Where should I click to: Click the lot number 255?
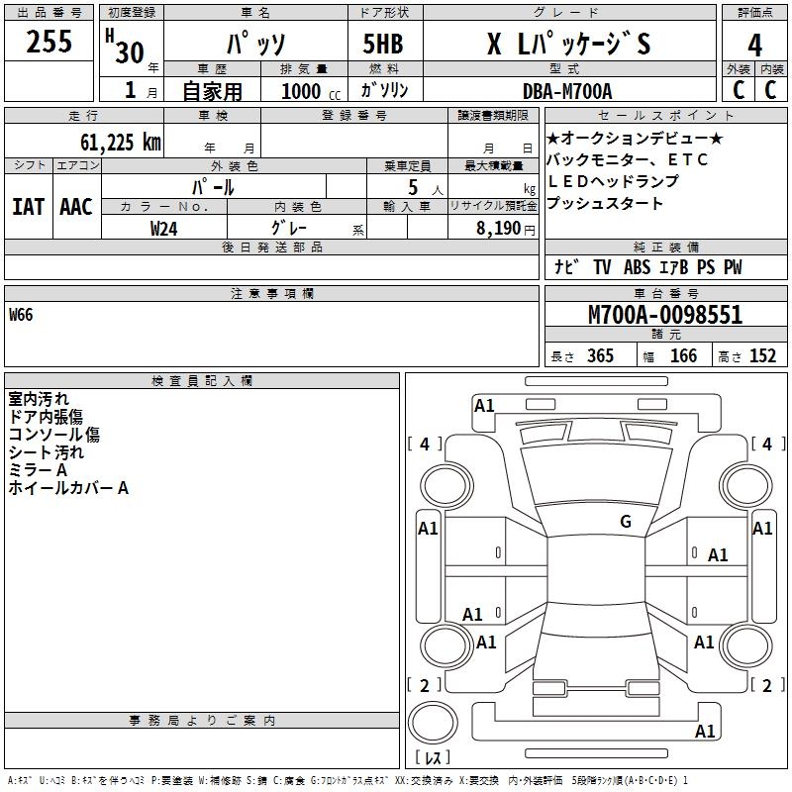(x=49, y=42)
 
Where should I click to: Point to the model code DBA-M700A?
(x=567, y=91)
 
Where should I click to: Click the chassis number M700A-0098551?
(x=664, y=315)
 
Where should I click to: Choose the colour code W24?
(x=164, y=229)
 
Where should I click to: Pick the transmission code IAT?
(x=28, y=207)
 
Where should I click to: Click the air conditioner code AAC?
(x=76, y=207)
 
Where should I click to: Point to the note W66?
(x=21, y=315)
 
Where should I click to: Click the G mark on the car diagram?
(x=626, y=522)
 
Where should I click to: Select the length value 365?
(x=599, y=355)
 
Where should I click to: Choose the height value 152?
(x=762, y=355)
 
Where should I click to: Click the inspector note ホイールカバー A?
(x=68, y=488)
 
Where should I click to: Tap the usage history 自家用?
(x=212, y=91)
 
